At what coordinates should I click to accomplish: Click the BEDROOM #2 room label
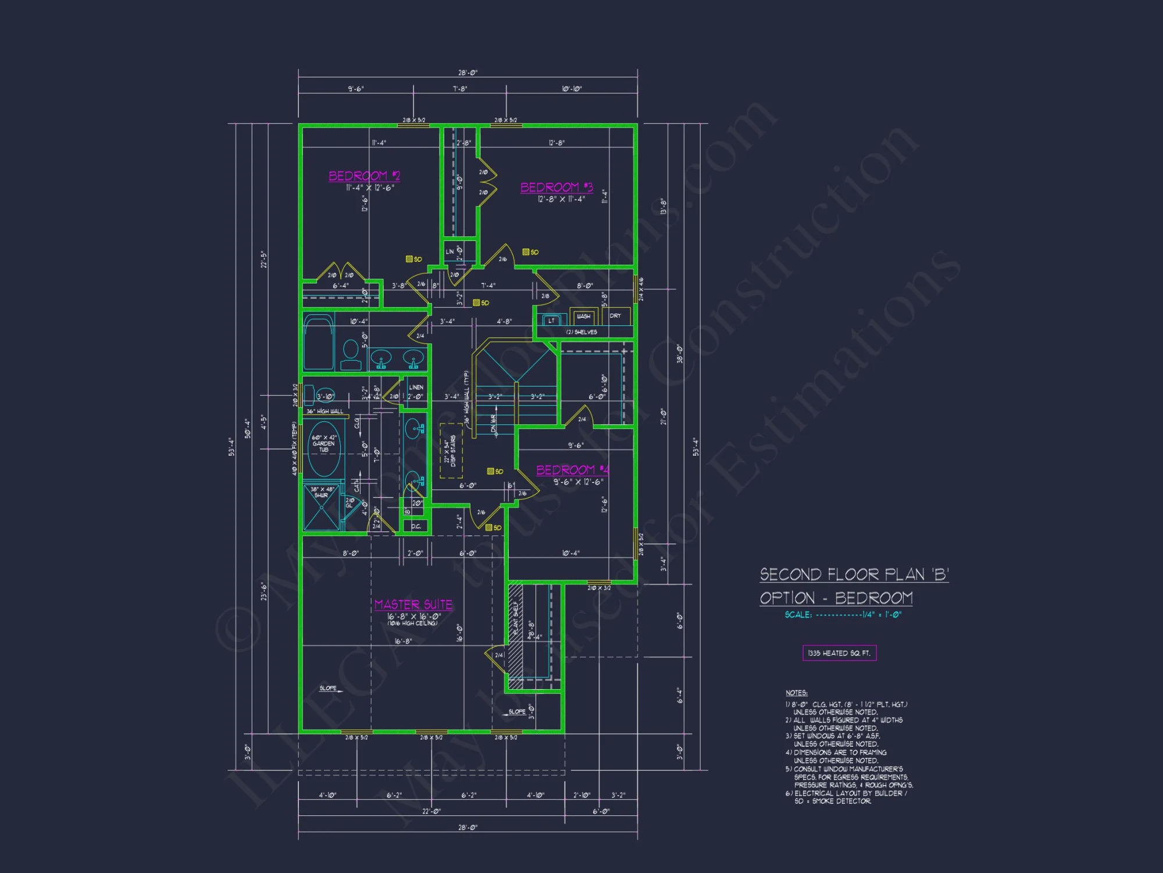[364, 176]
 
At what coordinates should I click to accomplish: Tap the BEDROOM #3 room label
[556, 187]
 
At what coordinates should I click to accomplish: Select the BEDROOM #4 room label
[572, 470]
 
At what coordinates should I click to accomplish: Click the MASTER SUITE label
[413, 605]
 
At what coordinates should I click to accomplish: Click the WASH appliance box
[583, 316]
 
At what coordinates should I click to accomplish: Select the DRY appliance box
[615, 316]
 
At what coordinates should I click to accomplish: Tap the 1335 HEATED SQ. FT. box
[839, 653]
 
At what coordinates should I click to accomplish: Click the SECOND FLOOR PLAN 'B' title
[854, 575]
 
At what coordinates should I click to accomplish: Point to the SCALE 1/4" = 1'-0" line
[843, 615]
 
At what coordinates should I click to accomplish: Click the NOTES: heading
[796, 693]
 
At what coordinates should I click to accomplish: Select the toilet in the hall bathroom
[351, 354]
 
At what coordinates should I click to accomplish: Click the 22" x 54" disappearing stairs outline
[451, 451]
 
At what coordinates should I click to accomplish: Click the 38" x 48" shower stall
[321, 508]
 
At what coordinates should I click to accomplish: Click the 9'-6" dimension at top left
[356, 89]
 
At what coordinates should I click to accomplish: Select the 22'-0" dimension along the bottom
[431, 811]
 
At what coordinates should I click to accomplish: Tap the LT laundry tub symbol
[551, 321]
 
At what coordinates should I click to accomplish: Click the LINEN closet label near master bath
[416, 387]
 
